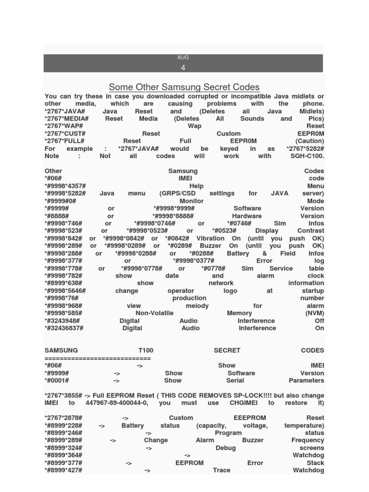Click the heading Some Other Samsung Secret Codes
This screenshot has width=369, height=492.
184,87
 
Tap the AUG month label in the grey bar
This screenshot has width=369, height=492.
183,57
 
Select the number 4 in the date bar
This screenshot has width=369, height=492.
183,67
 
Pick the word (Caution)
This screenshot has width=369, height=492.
309,141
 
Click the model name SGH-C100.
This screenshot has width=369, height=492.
306,156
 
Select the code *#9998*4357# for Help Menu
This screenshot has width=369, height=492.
65,186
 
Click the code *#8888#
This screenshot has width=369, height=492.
57,216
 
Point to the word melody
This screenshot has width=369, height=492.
197,306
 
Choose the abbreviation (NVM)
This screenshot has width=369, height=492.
314,313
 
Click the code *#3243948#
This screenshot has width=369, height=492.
62,320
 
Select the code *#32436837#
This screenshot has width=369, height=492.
64,328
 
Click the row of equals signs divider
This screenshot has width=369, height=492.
98,358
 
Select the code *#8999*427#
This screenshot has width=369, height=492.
63,470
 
